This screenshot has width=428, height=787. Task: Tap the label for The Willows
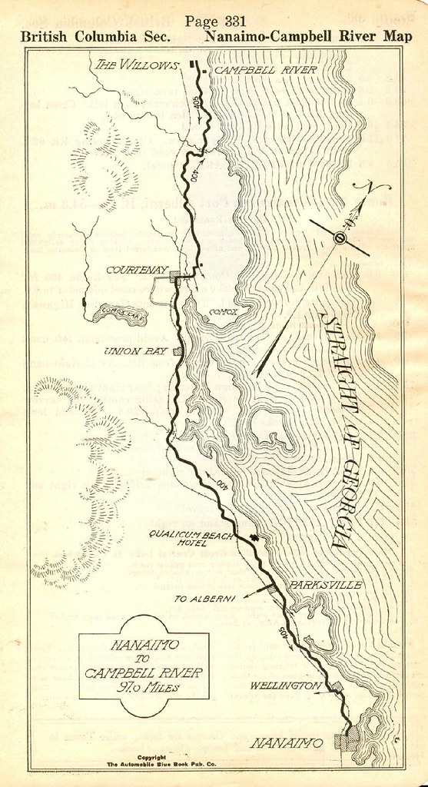pyautogui.click(x=137, y=65)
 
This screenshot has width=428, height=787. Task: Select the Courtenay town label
pyautogui.click(x=134, y=270)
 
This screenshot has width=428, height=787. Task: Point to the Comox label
pyautogui.click(x=223, y=311)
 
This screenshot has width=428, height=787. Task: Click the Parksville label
pyautogui.click(x=326, y=585)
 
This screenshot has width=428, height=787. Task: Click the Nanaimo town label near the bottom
pyautogui.click(x=287, y=743)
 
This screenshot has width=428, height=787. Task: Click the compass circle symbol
pyautogui.click(x=339, y=238)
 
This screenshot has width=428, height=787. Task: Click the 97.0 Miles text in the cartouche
pyautogui.click(x=144, y=687)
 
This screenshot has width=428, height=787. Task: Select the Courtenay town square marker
pyautogui.click(x=176, y=275)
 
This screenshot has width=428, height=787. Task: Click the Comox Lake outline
pyautogui.click(x=115, y=313)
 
